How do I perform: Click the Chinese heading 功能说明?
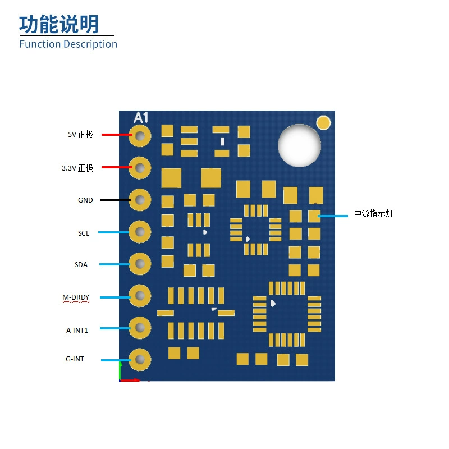(x=59, y=24)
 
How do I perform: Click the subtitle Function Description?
(x=68, y=44)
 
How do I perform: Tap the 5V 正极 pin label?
(x=80, y=134)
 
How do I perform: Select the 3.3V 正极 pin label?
(x=77, y=168)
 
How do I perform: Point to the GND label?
(x=85, y=200)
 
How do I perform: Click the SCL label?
(x=84, y=233)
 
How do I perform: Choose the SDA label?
(x=81, y=264)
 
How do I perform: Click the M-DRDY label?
(x=76, y=297)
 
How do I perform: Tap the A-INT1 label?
(x=77, y=330)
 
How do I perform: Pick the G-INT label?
(x=75, y=359)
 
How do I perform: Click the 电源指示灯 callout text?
(x=373, y=213)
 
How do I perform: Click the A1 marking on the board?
(x=141, y=118)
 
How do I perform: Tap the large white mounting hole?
(x=299, y=145)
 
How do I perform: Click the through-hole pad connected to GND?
(x=140, y=200)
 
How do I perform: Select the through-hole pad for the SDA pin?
(x=140, y=264)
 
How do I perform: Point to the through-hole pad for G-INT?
(x=140, y=360)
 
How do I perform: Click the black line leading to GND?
(x=116, y=200)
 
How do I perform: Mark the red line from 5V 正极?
(x=117, y=135)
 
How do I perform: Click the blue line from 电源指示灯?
(x=333, y=216)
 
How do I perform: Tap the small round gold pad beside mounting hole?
(x=324, y=122)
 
